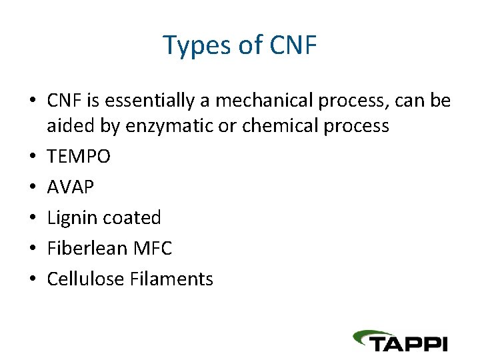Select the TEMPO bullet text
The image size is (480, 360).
coord(79,157)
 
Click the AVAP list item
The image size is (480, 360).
coord(70,187)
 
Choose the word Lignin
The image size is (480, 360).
coord(71,218)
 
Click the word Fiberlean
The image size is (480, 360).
coord(87,249)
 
